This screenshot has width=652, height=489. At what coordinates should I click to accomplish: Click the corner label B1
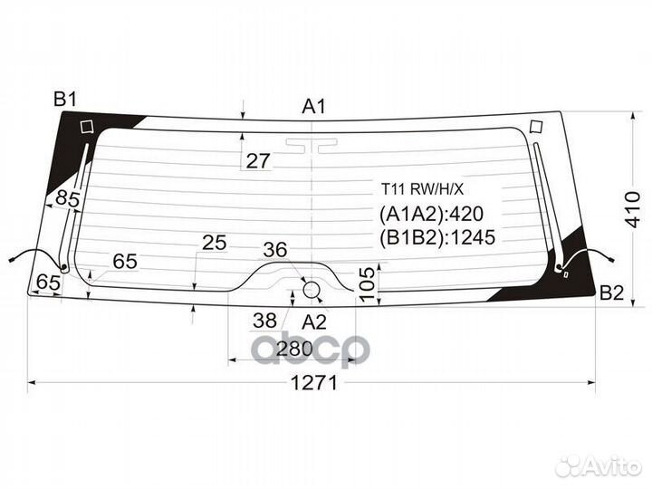[65, 100]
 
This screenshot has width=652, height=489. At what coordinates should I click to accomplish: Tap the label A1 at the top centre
[313, 107]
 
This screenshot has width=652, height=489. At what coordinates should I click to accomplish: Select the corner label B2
[611, 293]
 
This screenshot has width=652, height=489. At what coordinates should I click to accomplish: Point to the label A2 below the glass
[314, 321]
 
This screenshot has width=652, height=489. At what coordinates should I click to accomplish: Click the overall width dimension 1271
[314, 382]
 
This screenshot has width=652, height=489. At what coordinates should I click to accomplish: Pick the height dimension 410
[633, 209]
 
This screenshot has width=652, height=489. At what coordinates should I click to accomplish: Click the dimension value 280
[294, 349]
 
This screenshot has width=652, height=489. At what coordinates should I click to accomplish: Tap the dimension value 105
[367, 284]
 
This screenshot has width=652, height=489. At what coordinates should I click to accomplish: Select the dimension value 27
[258, 161]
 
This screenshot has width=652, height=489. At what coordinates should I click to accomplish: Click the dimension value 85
[67, 198]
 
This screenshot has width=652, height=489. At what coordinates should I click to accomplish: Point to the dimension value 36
[275, 250]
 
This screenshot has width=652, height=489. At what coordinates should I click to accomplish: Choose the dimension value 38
[264, 321]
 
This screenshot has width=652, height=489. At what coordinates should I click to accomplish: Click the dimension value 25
[214, 243]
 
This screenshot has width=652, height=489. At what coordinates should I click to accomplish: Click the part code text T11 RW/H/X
[423, 189]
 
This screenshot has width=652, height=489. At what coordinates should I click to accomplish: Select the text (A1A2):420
[431, 214]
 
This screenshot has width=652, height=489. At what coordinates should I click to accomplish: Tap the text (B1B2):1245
[437, 237]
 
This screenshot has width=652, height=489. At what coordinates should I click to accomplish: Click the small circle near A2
[311, 290]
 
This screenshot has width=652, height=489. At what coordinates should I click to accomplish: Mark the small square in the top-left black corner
[87, 127]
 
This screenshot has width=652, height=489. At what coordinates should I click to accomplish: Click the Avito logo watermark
[599, 466]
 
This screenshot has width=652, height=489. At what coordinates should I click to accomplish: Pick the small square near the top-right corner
[536, 127]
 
